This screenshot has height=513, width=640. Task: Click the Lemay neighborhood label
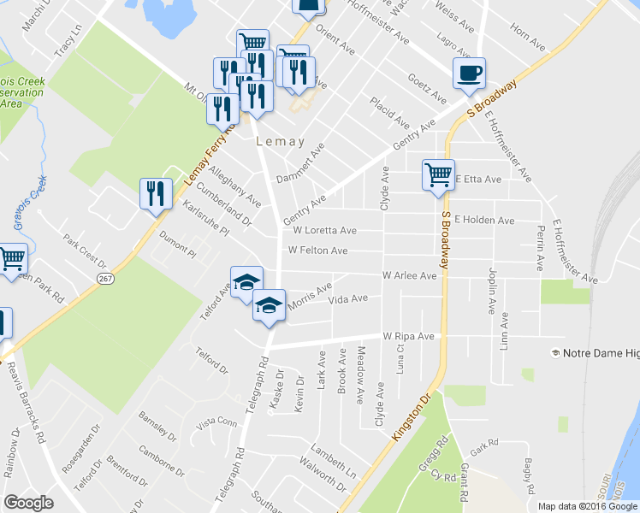click(x=280, y=143)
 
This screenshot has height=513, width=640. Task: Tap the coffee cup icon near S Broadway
click(x=468, y=75)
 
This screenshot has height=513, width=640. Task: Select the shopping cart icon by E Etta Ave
click(x=438, y=176)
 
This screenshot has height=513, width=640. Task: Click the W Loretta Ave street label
click(x=324, y=231)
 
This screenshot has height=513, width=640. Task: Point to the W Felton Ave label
click(x=318, y=251)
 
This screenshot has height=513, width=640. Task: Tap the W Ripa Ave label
click(x=409, y=337)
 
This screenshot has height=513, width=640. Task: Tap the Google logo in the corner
click(x=28, y=503)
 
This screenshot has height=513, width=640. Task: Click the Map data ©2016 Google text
click(x=588, y=506)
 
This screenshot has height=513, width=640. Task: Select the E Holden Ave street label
click(x=484, y=221)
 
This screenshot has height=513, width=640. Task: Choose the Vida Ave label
click(x=348, y=299)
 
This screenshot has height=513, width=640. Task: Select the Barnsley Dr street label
click(x=156, y=427)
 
